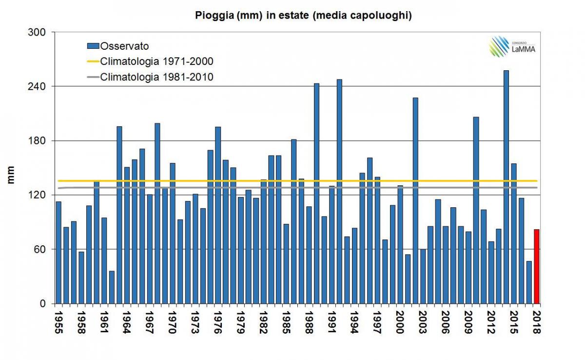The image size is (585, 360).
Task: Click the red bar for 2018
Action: pyautogui.click(x=537, y=266)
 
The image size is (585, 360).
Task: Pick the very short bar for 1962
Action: pyautogui.click(x=112, y=287)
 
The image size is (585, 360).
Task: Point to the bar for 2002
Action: pyautogui.click(x=415, y=200)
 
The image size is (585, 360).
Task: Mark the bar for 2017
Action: pyautogui.click(x=529, y=282)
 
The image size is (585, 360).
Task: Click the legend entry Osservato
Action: pyautogui.click(x=124, y=46)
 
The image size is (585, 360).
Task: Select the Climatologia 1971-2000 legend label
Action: pyautogui.click(x=156, y=61)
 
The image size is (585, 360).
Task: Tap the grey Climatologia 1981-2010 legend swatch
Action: pyautogui.click(x=93, y=77)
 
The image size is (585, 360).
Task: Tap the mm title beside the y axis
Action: pyautogui.click(x=11, y=175)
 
